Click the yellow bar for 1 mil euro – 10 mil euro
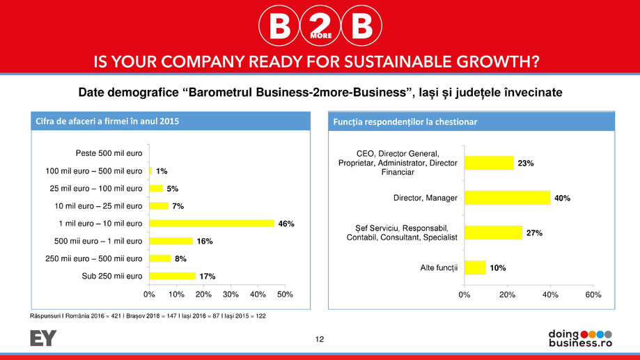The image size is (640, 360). pos(212,223)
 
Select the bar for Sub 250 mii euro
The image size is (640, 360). pos(172,276)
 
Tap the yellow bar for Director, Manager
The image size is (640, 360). pos(507,198)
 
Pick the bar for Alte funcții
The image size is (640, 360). pos(475,267)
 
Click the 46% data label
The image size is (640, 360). pos(287,224)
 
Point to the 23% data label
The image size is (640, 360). pos(525,163)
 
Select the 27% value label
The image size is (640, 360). pos(534,233)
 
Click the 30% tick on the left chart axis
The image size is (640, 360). pos(231,295)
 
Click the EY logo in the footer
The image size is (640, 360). pos(43,338)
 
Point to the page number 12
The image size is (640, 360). pos(320,339)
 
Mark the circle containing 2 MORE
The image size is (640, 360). pos(320,27)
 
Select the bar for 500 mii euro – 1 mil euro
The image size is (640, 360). pos(171,241)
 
